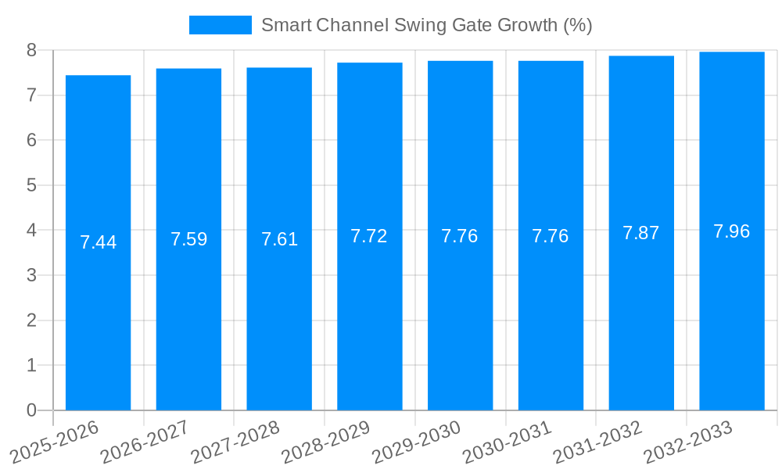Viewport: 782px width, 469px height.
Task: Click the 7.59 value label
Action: (x=188, y=239)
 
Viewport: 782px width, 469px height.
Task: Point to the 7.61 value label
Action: (x=279, y=239)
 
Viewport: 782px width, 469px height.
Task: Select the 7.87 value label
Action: (x=640, y=233)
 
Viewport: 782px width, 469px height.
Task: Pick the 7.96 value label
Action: (x=731, y=231)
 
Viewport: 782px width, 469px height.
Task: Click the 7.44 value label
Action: (x=98, y=242)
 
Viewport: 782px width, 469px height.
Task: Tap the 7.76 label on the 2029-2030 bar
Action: (x=459, y=236)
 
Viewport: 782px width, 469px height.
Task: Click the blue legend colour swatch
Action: (x=220, y=25)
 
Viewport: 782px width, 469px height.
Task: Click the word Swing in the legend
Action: (x=421, y=25)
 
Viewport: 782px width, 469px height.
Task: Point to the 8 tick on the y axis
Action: (x=31, y=50)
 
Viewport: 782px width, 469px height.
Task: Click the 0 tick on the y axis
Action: (x=31, y=410)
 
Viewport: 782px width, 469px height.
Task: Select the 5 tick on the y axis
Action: (x=31, y=185)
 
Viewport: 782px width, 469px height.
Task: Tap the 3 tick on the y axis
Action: (x=31, y=275)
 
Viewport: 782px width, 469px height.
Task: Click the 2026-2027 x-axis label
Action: (x=145, y=442)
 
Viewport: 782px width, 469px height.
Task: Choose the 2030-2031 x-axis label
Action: (x=508, y=442)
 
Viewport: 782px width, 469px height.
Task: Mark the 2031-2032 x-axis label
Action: (x=598, y=442)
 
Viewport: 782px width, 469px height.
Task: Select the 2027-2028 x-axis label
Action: (x=236, y=442)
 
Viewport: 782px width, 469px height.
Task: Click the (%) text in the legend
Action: (x=577, y=25)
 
